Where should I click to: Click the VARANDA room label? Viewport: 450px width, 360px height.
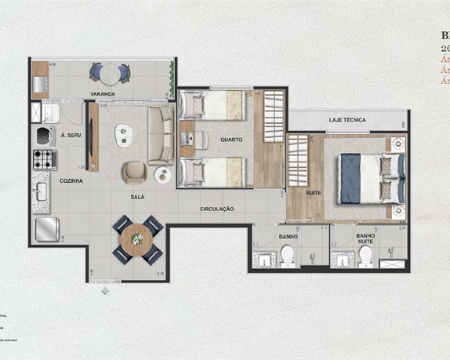[x=103, y=94]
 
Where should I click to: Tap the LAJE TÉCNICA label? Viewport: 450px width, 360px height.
[x=347, y=120]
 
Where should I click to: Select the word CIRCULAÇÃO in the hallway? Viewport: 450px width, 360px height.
[x=217, y=209]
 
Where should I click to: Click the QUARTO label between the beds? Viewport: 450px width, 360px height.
[x=231, y=139]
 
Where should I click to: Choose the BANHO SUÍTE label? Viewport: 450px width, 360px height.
[x=365, y=238]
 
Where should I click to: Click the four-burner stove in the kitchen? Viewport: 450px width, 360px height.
[x=45, y=159]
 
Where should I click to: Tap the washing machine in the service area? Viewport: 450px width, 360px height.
[x=45, y=135]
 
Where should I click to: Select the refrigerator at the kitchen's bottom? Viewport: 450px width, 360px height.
[x=47, y=229]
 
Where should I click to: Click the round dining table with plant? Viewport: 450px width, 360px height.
[x=137, y=240]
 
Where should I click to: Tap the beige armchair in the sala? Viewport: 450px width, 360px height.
[x=134, y=172]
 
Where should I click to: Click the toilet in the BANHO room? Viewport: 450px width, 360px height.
[x=287, y=256]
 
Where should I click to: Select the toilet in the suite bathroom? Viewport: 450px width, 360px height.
[x=365, y=256]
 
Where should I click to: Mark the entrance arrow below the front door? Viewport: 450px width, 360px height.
[x=105, y=291]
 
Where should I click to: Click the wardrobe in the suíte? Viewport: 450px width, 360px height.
[x=297, y=160]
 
